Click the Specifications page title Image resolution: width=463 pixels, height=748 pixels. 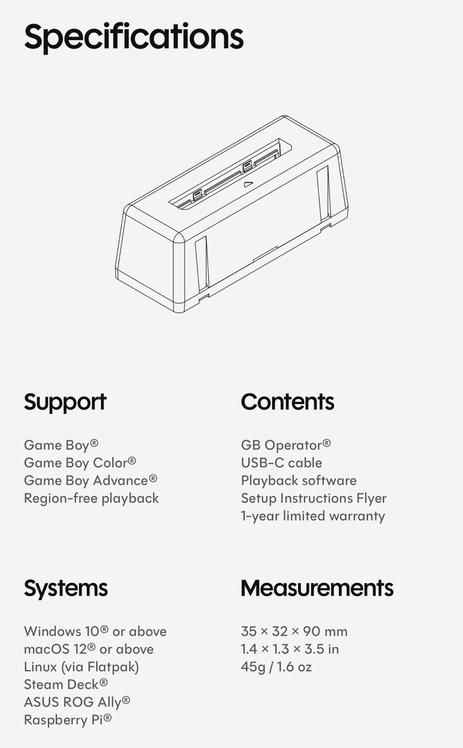(x=134, y=37)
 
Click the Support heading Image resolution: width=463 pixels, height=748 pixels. (x=65, y=403)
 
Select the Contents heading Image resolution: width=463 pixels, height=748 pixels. (x=287, y=402)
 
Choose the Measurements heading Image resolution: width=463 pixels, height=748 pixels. (x=317, y=588)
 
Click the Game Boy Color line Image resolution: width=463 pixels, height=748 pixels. (x=80, y=463)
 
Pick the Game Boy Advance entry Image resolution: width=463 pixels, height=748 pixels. (x=91, y=481)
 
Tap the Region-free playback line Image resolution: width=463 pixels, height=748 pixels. (x=92, y=498)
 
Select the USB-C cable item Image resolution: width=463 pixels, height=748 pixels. (x=281, y=463)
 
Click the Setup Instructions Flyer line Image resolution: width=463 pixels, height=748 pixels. (x=314, y=498)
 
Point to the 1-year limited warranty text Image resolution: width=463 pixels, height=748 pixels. (x=313, y=516)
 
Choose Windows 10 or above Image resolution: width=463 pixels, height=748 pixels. (x=95, y=632)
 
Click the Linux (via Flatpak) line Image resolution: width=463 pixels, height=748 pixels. (x=81, y=667)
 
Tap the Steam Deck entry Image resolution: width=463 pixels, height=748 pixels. (x=66, y=684)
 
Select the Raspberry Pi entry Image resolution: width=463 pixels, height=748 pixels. (x=68, y=720)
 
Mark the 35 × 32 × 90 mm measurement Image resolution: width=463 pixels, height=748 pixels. (x=294, y=632)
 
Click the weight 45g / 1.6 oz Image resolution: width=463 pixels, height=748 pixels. (x=277, y=667)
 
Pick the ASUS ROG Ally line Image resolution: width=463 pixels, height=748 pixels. (x=77, y=702)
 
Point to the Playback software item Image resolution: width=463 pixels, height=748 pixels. (x=299, y=481)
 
